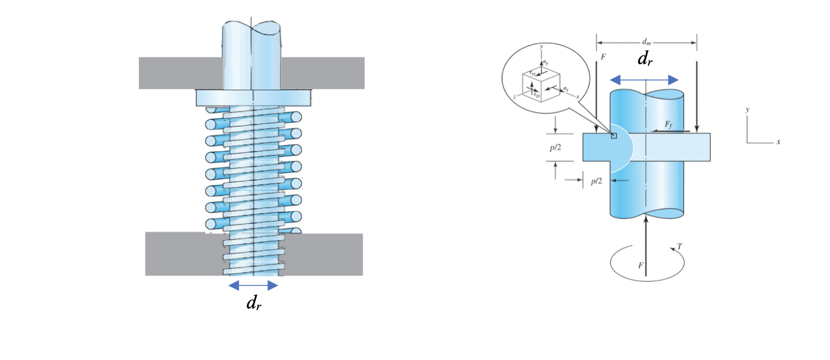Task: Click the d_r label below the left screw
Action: pos(253,303)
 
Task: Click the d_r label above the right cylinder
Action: pos(644,59)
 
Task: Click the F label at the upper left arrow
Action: pos(604,57)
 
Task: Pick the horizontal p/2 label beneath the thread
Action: pos(596,180)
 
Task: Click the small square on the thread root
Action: pos(614,136)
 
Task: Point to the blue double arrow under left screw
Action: pos(253,286)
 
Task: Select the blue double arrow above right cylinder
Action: pos(644,79)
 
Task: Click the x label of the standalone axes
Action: pos(778,142)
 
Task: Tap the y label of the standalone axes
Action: pos(749,110)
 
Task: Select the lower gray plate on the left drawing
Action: pos(178,254)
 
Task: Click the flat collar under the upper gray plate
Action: pos(253,98)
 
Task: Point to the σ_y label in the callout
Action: pos(546,62)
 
